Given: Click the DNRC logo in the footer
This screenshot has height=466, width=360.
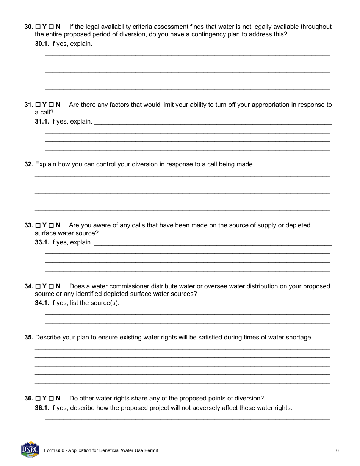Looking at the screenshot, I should coord(30,450).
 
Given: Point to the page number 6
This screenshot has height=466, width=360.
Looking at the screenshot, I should coord(337,450).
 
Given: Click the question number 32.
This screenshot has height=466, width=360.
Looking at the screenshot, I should coord(29,164).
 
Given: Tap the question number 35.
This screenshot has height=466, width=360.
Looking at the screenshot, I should coord(29,337).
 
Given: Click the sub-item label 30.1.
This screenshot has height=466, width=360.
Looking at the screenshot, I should coord(42,44).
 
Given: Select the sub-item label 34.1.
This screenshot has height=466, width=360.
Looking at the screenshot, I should coord(42,303).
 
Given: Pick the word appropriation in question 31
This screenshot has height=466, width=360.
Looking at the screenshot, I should coord(256,105).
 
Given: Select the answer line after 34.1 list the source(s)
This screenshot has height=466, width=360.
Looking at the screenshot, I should coord(225,305).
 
